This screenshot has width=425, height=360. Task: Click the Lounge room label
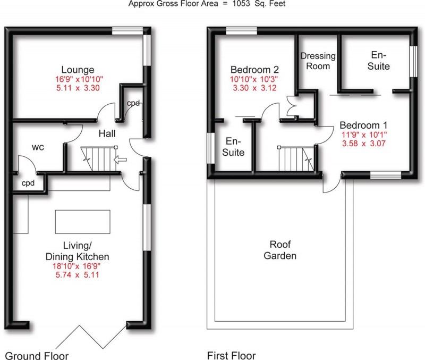coord(78,70)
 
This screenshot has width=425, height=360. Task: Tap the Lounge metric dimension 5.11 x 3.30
coord(78,88)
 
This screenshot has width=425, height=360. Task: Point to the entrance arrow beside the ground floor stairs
coord(121,158)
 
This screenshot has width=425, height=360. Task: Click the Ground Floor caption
coord(37,355)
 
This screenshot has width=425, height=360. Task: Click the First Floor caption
coord(232,355)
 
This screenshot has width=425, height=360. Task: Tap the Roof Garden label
coord(283,250)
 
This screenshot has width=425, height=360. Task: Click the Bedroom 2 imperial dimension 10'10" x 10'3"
coord(254,79)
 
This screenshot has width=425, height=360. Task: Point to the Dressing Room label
coord(318,61)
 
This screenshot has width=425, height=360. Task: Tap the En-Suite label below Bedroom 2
coord(234,147)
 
